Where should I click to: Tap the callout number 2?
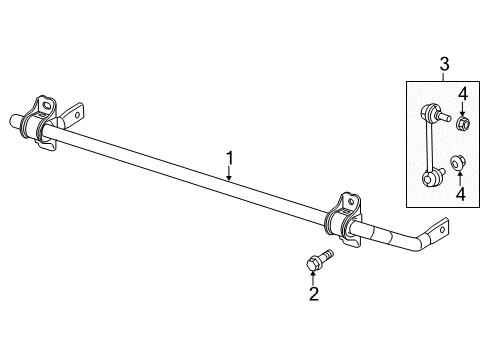[314, 294]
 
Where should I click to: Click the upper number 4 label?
[462, 95]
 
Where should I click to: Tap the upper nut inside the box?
[462, 124]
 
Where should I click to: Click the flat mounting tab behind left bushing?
[75, 115]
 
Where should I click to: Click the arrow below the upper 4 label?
[462, 108]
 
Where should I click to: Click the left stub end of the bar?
[15, 122]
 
